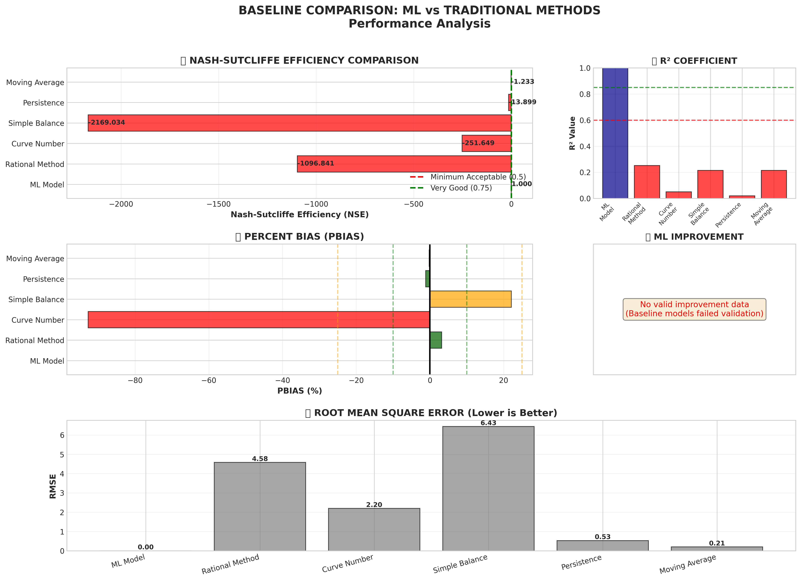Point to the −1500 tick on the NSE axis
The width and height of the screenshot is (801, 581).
219,204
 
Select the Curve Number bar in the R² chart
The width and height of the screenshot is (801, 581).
678,195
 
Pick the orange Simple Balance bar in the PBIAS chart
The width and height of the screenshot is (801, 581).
470,299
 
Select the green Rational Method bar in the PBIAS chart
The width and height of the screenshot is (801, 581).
436,340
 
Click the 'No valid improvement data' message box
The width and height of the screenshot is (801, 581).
694,309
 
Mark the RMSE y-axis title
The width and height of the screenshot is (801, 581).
53,486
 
